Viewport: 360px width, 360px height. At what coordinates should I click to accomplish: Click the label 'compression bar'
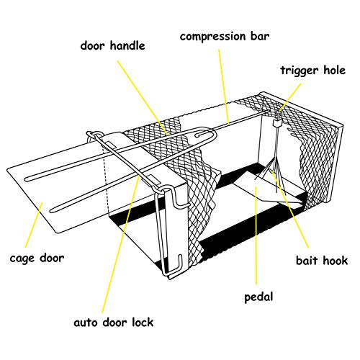[x=225, y=37]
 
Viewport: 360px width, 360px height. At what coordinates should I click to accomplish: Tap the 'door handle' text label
[x=112, y=45]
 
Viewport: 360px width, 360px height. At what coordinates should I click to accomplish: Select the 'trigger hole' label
[x=313, y=71]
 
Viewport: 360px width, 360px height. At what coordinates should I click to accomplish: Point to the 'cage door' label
[x=37, y=258]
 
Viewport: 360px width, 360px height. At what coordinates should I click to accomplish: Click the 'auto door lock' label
[x=113, y=322]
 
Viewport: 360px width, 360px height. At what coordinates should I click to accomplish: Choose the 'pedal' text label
[x=258, y=297]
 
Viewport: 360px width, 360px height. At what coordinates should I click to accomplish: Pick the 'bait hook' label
[x=322, y=261]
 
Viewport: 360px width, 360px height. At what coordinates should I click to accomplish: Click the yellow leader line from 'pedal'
[x=256, y=235]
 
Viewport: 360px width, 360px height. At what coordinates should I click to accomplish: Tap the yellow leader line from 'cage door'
[x=34, y=225]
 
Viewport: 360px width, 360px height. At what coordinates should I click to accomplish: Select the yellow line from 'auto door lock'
[x=121, y=245]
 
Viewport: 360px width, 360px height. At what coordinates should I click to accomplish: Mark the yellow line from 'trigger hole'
[x=290, y=97]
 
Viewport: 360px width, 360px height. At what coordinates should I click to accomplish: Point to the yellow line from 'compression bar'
[x=224, y=86]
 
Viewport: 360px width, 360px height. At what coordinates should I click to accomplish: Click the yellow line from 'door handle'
[x=142, y=97]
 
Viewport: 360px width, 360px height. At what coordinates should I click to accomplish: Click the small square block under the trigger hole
[x=277, y=123]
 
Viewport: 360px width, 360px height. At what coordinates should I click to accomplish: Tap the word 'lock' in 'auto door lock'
[x=143, y=322]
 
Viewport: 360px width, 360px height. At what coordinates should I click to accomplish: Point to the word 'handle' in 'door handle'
[x=127, y=45]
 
